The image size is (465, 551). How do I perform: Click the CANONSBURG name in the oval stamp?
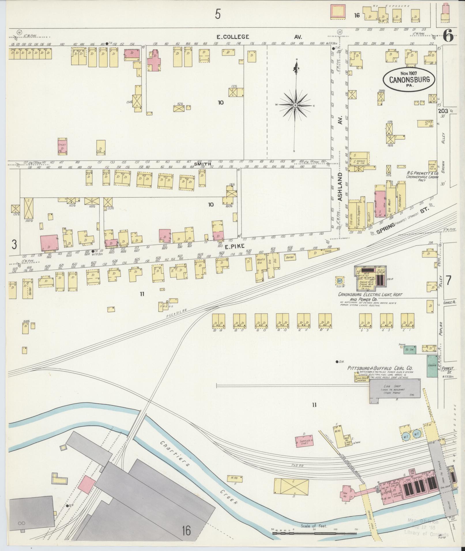(x=408, y=80)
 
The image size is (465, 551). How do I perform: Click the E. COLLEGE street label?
(x=233, y=37)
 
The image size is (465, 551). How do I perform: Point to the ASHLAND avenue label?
(x=340, y=187)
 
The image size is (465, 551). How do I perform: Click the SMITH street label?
(x=202, y=164)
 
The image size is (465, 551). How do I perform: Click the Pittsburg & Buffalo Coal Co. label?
(x=380, y=368)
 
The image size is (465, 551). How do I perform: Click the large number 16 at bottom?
(x=186, y=530)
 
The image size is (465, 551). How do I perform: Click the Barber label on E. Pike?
(x=290, y=257)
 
